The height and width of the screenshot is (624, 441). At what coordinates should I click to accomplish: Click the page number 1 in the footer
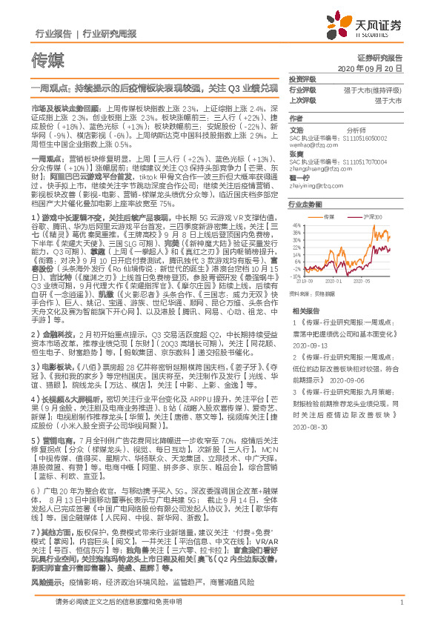click(x=400, y=603)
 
